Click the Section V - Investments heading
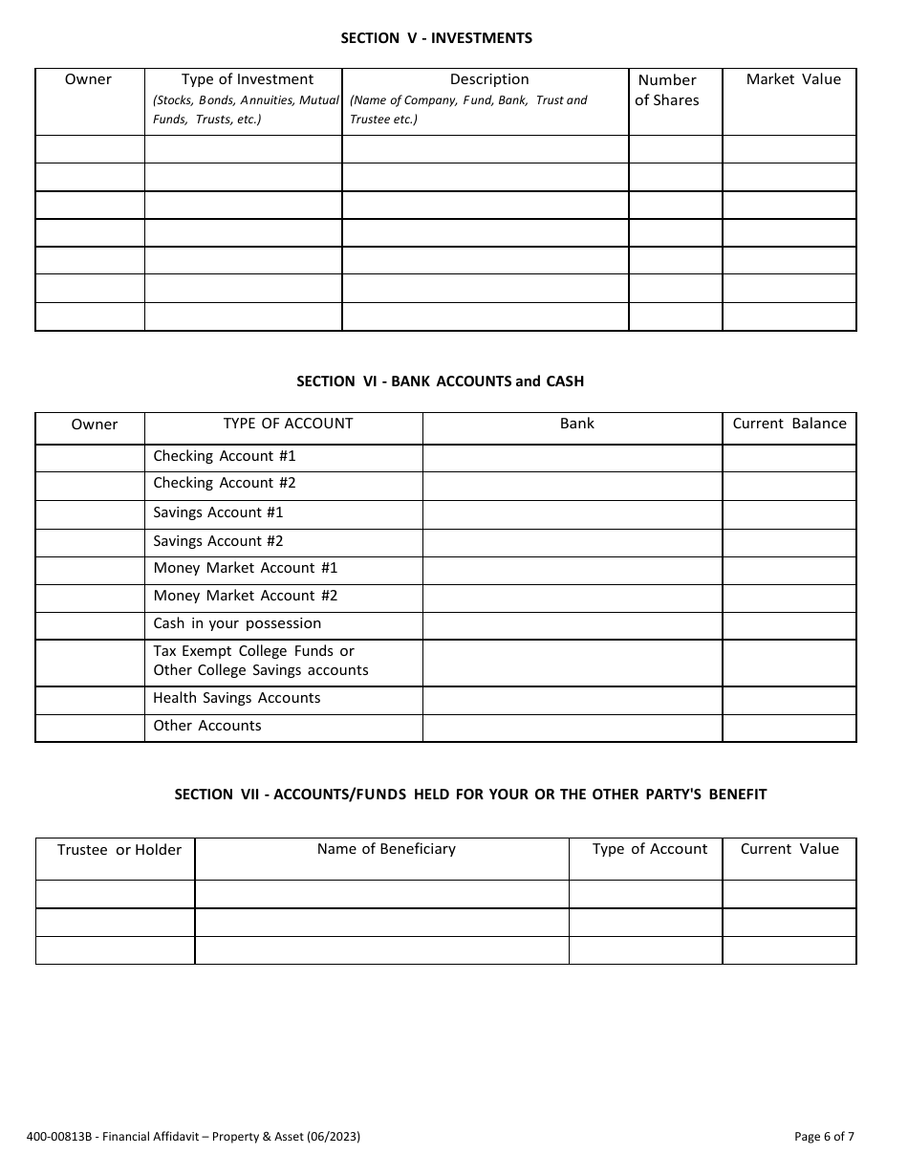pyautogui.click(x=437, y=38)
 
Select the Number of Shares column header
pyautogui.click(x=667, y=91)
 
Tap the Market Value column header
pyautogui.click(x=792, y=79)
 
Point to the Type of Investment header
pyautogui.click(x=248, y=79)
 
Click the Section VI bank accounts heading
pyautogui.click(x=440, y=381)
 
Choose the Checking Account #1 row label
pyautogui.click(x=225, y=456)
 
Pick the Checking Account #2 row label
pyautogui.click(x=225, y=483)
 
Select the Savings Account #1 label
pyautogui.click(x=218, y=512)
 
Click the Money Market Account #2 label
pyautogui.click(x=246, y=596)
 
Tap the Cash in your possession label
pyautogui.click(x=237, y=623)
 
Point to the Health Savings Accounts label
pyautogui.click(x=237, y=698)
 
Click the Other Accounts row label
pyautogui.click(x=207, y=726)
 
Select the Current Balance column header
pyautogui.click(x=789, y=424)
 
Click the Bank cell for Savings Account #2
pyautogui.click(x=572, y=542)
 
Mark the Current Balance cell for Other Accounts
pyautogui.click(x=789, y=728)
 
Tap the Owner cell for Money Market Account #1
pyautogui.click(x=90, y=570)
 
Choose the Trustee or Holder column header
pyautogui.click(x=119, y=850)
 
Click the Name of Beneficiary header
pyautogui.click(x=386, y=849)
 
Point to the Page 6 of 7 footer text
pyautogui.click(x=824, y=1137)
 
